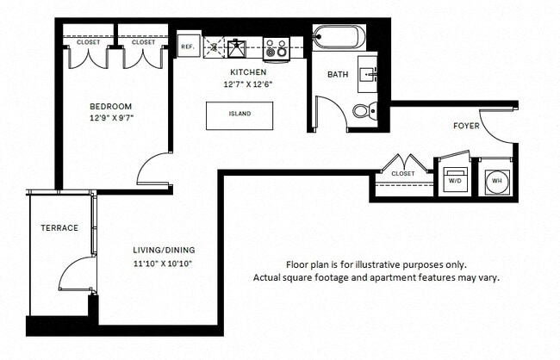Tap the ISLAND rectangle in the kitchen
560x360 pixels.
coord(239,115)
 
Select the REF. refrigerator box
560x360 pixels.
coord(187,47)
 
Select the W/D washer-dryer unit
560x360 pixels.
coord(454,182)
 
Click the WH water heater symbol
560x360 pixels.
coord(496,181)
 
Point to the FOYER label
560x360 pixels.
coord(466,127)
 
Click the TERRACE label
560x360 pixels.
coord(59,228)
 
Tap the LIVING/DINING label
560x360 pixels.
coord(161,250)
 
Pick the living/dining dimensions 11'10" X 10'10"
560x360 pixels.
coord(162,263)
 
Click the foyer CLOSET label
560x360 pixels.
coord(402,173)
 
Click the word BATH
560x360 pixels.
coord(337,75)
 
